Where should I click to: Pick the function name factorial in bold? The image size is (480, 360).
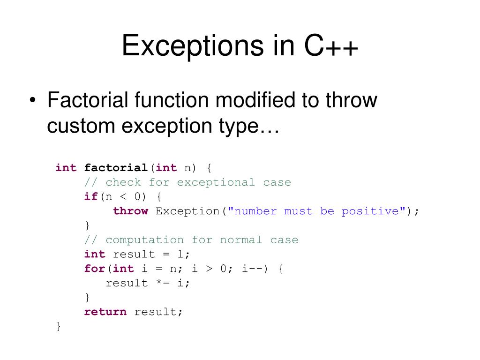point(116,168)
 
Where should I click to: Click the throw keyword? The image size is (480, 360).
point(130,211)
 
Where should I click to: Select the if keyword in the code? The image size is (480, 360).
point(91,196)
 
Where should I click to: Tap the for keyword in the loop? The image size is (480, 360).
point(95,269)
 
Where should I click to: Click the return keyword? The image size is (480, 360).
point(105,312)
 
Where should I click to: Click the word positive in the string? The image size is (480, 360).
point(370,211)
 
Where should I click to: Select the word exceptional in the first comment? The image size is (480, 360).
point(216,182)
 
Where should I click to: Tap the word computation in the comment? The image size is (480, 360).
point(145,240)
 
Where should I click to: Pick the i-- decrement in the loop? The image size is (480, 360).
point(252,269)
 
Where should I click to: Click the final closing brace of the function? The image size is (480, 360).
point(59,326)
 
